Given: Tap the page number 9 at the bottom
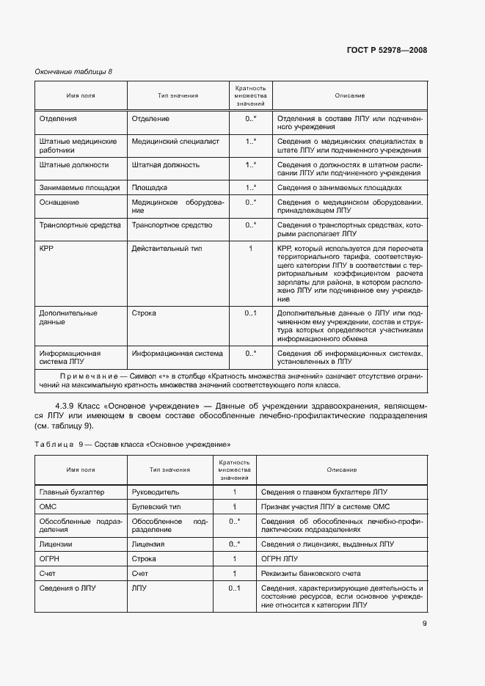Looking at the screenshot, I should pos(424,624).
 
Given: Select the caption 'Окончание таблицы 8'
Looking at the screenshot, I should pos(74,71).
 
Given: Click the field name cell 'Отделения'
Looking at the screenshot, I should pos(58,117).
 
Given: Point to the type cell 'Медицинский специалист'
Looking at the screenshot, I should pos(175,141).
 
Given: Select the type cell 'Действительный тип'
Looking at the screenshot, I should pos(166,249).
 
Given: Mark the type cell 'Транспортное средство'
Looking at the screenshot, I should pos(172,225).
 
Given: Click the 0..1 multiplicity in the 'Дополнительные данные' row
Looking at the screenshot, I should pos(250,313).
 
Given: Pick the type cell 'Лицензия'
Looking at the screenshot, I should pos(148,544).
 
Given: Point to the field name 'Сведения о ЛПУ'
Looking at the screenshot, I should pos(68,588).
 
